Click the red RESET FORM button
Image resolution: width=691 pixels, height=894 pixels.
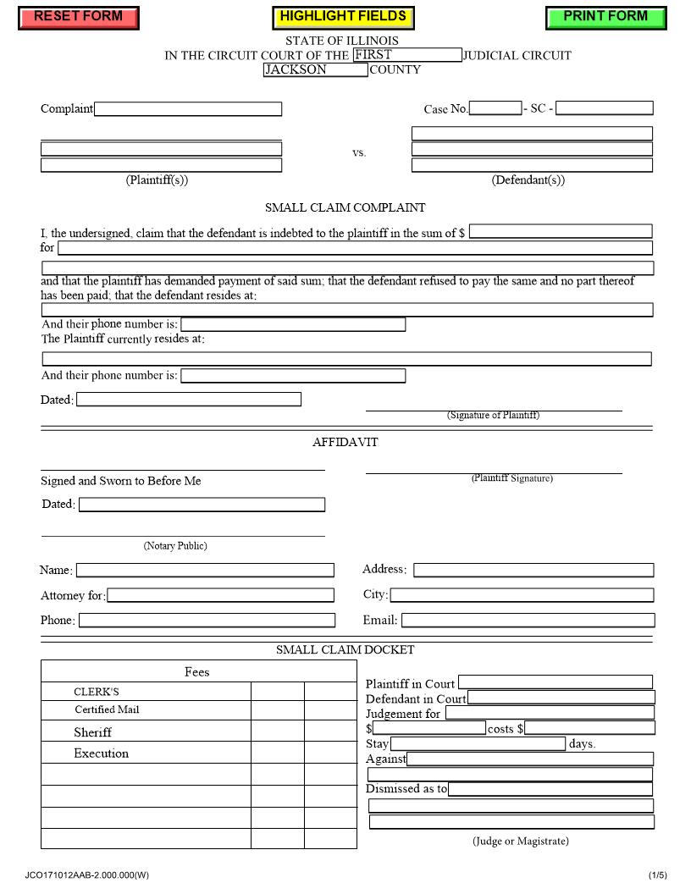(x=78, y=17)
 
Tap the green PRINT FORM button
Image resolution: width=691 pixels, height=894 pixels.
(x=605, y=17)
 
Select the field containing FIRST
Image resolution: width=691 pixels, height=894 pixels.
(x=407, y=55)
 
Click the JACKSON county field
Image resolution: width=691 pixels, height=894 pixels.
(x=315, y=70)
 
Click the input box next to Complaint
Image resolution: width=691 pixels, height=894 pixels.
(x=188, y=109)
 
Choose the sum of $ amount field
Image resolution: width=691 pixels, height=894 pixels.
(x=561, y=231)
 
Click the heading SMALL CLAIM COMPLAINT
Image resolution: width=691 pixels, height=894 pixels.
(x=345, y=207)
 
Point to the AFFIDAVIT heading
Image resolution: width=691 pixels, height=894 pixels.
(x=345, y=442)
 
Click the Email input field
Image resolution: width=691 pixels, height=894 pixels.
(x=528, y=621)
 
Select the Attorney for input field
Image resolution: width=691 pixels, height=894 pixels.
(x=220, y=595)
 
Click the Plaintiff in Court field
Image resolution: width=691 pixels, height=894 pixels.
(x=556, y=682)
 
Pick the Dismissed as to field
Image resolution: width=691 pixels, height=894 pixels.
(x=550, y=789)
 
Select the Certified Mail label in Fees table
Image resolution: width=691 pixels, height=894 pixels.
(x=107, y=710)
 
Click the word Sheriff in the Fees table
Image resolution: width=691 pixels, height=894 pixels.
(x=92, y=732)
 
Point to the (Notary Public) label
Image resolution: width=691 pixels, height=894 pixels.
(x=175, y=546)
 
